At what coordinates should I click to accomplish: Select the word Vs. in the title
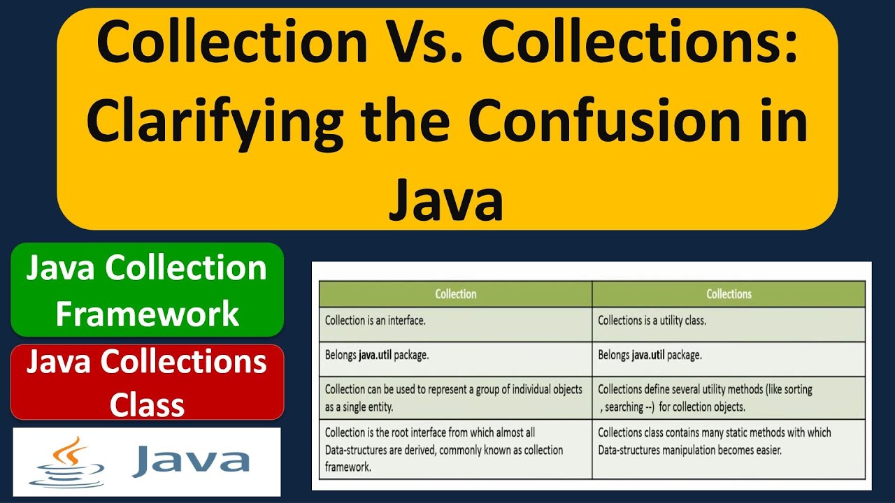click(x=423, y=43)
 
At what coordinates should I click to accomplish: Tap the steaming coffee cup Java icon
click(x=67, y=461)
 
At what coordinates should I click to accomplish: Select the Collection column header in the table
click(x=455, y=294)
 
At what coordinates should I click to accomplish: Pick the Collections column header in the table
click(x=729, y=294)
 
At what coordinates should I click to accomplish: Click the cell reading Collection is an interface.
click(x=375, y=321)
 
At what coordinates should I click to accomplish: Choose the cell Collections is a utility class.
click(x=652, y=321)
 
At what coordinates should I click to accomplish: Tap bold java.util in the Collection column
click(x=375, y=355)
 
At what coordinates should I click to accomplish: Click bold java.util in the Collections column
click(x=647, y=355)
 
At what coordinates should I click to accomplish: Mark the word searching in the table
click(x=624, y=407)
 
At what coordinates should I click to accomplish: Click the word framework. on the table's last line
click(x=348, y=467)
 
